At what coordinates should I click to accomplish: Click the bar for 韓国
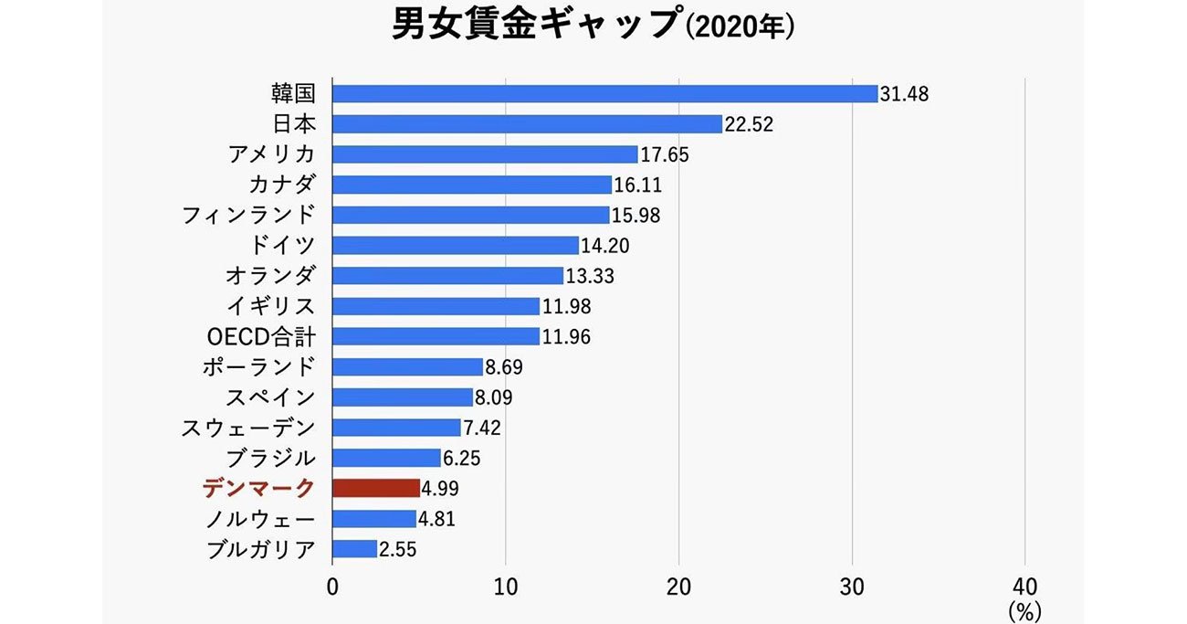coord(604,93)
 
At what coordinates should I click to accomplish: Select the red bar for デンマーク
coord(376,488)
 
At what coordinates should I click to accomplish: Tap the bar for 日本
coord(527,123)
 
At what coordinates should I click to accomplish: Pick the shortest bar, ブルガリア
coord(354,548)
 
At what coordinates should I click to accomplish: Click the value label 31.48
coord(904,94)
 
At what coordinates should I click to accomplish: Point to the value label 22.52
coord(749,124)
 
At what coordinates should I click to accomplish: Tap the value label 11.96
coord(566,337)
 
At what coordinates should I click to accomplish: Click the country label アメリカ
coord(271,154)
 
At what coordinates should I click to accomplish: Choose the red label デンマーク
coord(259,489)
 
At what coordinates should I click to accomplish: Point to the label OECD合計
coord(261,337)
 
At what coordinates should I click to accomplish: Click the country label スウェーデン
coord(248,428)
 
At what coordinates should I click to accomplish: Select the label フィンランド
coord(248,216)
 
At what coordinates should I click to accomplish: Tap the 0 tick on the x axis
coord(332,586)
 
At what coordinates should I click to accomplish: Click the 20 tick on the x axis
coord(678,586)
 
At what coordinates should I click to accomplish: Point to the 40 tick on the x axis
coord(1024,586)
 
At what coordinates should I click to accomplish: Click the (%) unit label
coord(1024,608)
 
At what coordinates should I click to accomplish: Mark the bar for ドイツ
coord(456,245)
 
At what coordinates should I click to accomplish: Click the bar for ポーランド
coord(407,366)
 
